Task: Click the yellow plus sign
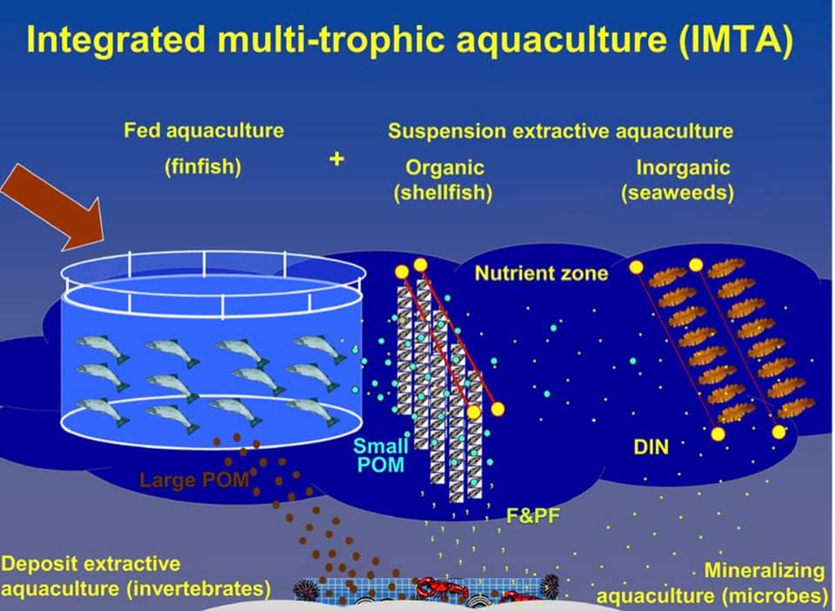337,159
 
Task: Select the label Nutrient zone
541,273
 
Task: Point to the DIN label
651,447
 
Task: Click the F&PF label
532,515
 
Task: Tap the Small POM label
381,455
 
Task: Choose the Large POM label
194,480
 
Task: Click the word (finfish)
203,167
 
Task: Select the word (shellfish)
443,192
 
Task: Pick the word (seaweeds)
678,192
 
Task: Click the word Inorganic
683,167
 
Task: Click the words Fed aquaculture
204,131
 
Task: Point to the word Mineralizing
765,570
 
